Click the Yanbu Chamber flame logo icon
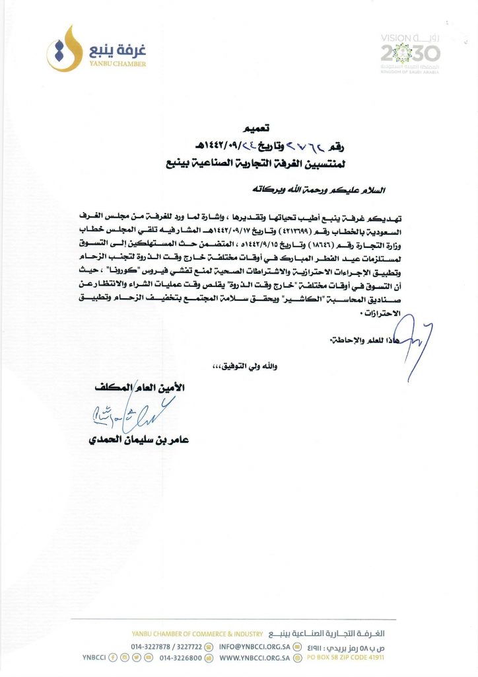point(61,48)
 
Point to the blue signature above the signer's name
point(125,415)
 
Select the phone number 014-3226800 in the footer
point(179,658)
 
